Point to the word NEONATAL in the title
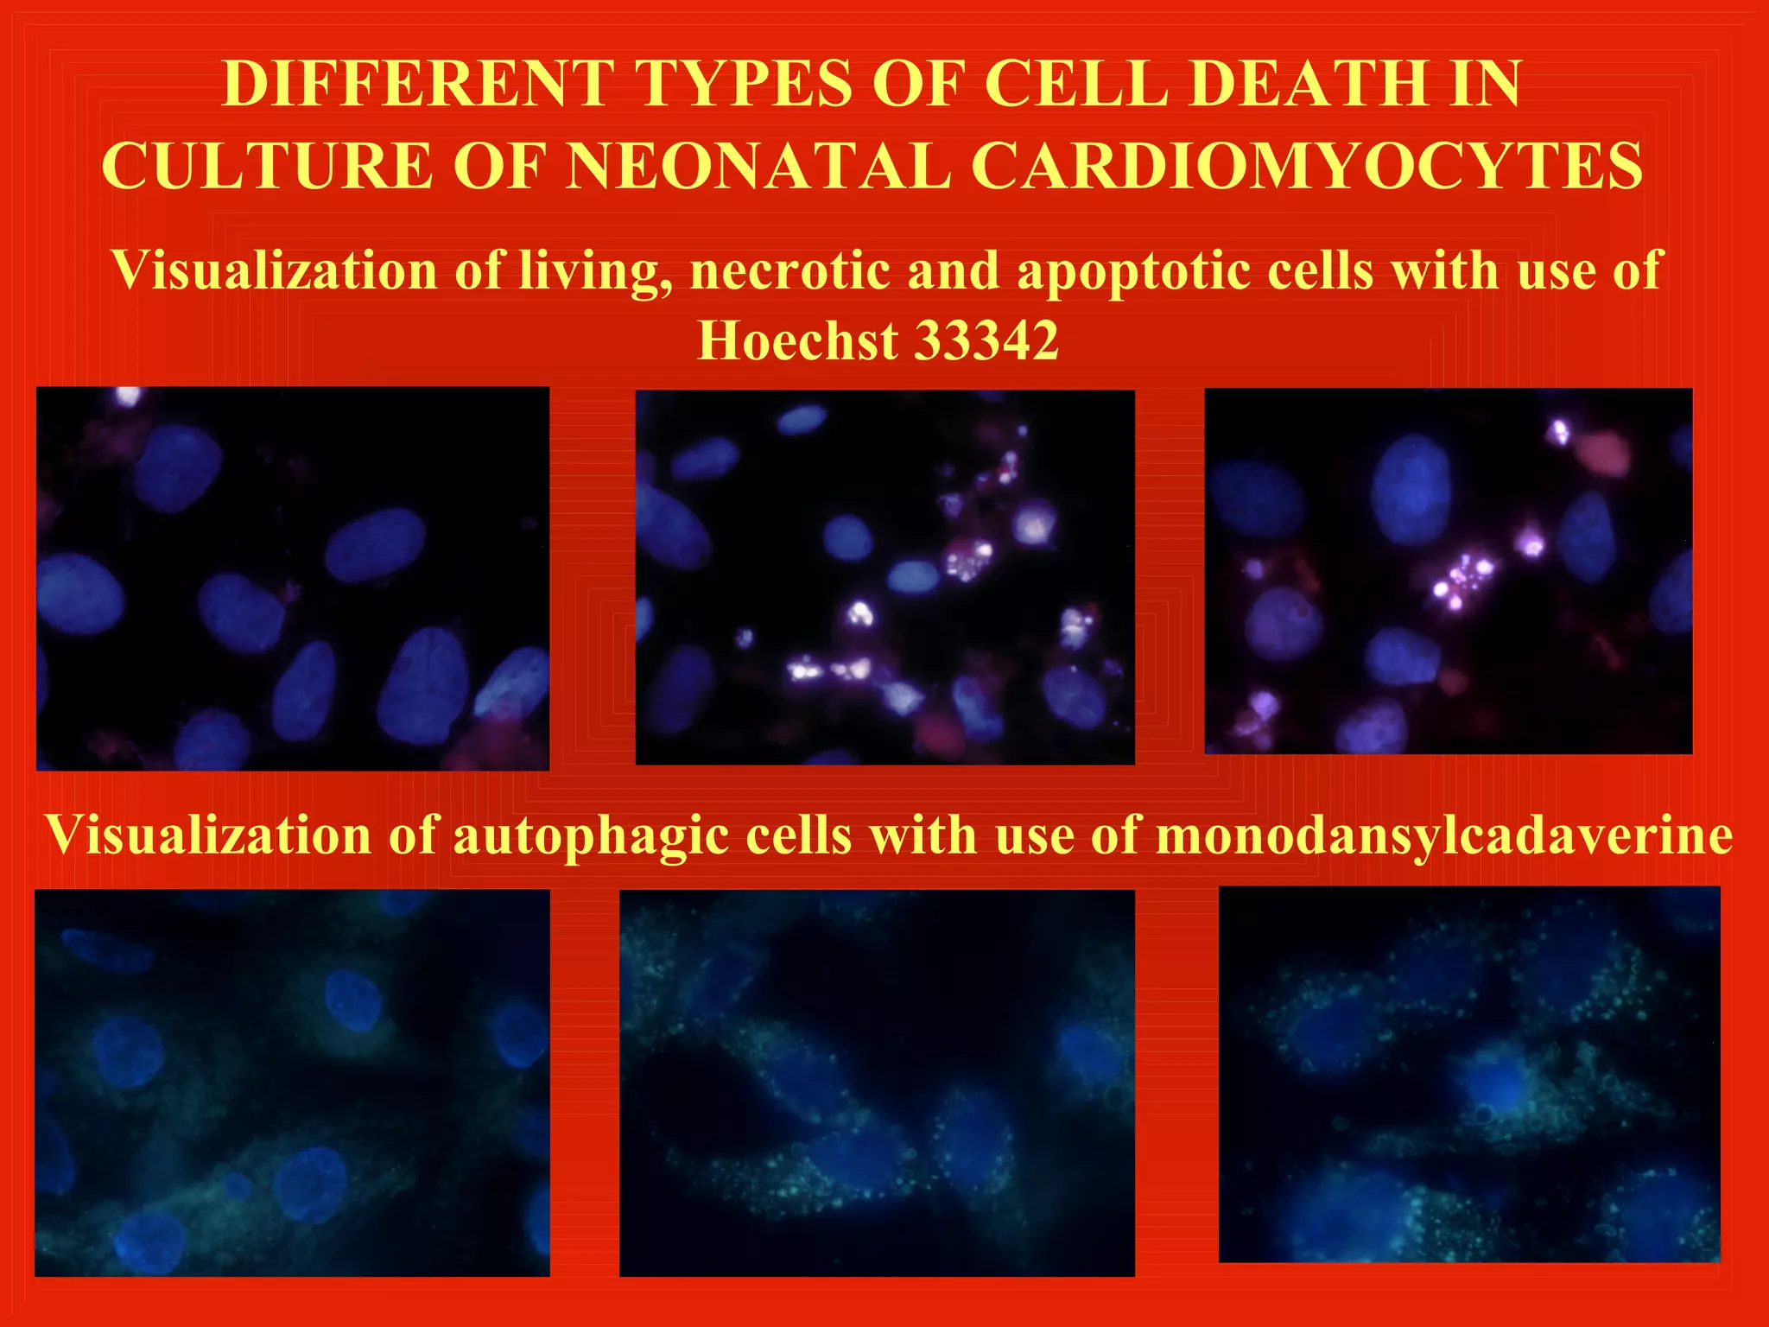pos(758,165)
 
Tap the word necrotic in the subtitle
pos(790,270)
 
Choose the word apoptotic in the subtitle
pos(1133,270)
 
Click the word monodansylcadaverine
pos(1444,835)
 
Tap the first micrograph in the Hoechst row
pos(293,578)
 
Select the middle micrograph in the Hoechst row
pos(884,577)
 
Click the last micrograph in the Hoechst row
pos(1448,571)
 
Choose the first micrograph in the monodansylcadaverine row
pos(292,1083)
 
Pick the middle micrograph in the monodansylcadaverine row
pos(877,1083)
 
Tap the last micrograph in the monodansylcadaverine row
pos(1468,1074)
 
